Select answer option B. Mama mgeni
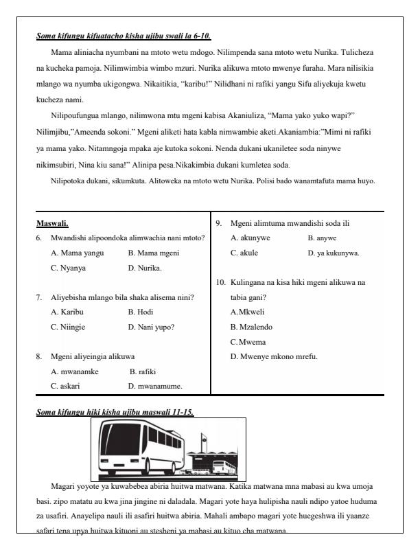point(153,253)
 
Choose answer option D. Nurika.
point(145,268)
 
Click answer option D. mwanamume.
point(160,386)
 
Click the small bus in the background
point(222,467)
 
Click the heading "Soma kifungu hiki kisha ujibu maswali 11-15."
point(115,412)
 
